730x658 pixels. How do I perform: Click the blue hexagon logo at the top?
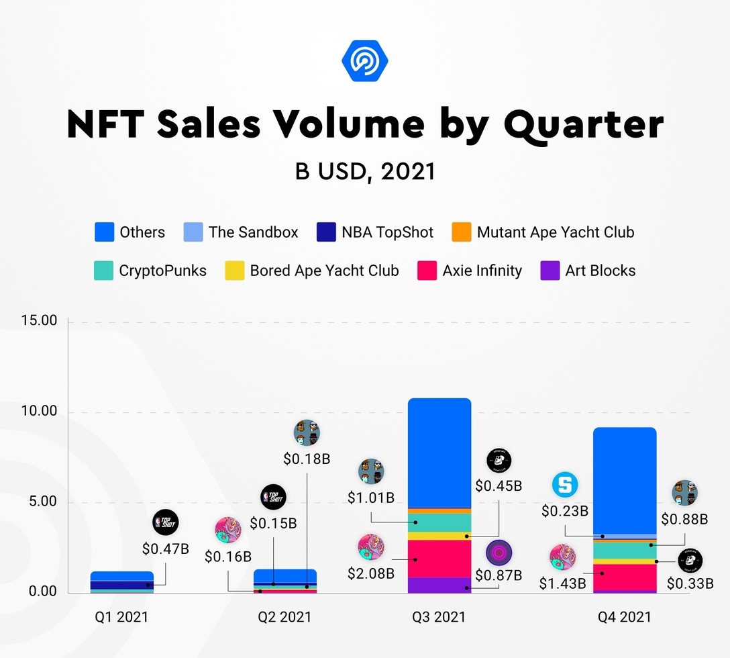click(x=365, y=61)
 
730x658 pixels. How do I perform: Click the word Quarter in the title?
click(x=583, y=125)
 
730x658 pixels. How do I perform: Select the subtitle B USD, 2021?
click(x=365, y=171)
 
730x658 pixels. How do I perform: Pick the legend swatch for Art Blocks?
click(x=550, y=271)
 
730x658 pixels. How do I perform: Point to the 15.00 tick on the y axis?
click(x=39, y=321)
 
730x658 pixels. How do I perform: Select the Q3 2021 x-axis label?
click(x=439, y=616)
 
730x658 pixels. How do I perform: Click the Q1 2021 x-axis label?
click(x=121, y=616)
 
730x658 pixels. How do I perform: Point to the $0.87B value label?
click(x=499, y=575)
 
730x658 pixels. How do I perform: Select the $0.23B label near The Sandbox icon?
click(x=565, y=511)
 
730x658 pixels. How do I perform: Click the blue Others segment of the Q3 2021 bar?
click(x=439, y=453)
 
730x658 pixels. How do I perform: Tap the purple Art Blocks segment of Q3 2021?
click(x=439, y=585)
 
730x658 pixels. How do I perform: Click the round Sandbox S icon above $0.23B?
click(x=565, y=485)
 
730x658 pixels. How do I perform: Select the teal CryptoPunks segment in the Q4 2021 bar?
click(x=624, y=550)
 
